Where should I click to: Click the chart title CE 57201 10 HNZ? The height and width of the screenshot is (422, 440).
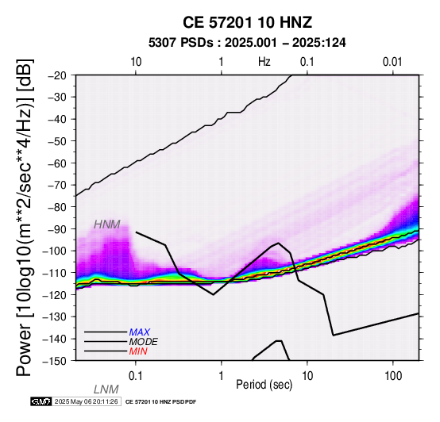247,22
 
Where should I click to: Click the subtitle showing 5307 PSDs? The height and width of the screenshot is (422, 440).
247,43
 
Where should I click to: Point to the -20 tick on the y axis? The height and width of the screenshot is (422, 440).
58,75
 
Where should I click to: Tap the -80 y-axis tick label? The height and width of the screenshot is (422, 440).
58,207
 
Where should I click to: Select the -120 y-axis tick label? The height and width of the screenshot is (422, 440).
56,295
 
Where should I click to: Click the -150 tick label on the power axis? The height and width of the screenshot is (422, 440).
56,361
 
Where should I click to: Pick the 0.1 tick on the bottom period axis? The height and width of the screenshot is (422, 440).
136,376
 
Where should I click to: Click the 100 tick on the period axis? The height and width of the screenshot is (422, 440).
393,376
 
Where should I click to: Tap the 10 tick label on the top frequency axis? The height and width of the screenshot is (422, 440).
136,62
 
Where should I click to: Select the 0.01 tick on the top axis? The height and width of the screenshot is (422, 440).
393,62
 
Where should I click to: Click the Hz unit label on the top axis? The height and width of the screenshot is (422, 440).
264,62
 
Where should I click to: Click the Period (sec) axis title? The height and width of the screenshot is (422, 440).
264,385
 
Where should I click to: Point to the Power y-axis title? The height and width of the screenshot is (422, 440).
24,217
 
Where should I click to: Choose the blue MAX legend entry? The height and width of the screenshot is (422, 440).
140,332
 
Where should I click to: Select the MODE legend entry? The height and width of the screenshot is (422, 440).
144,342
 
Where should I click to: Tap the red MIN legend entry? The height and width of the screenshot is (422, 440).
138,351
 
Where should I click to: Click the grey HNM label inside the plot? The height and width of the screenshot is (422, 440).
107,224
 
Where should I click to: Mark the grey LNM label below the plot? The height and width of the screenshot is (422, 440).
106,389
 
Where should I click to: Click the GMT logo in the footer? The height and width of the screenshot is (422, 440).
41,401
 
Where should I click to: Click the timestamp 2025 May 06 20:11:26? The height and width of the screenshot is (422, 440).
86,401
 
